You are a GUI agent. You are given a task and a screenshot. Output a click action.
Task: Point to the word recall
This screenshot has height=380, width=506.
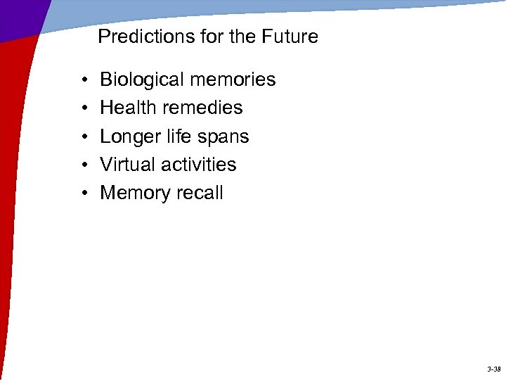click(200, 193)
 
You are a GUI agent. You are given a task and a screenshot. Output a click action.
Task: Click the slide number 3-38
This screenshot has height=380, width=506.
click(493, 369)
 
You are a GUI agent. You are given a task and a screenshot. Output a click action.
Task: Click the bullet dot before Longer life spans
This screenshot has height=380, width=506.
click(84, 137)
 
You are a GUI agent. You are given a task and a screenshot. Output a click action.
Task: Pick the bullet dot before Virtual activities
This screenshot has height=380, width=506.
click(84, 165)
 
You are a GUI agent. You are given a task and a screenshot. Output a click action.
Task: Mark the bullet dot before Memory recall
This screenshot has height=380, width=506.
click(84, 194)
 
